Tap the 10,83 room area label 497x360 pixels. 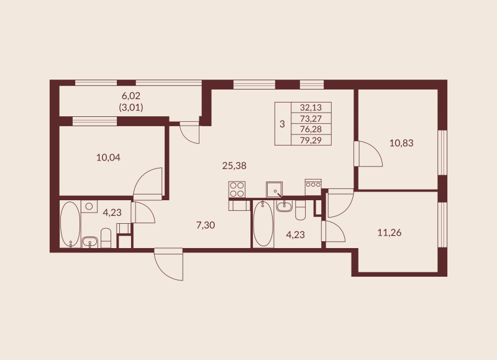click(401, 142)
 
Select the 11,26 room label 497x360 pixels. click(390, 233)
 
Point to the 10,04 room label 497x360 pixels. click(108, 157)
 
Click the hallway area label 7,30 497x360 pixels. click(205, 225)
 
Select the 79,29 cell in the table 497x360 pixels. click(311, 140)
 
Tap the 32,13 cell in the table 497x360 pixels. click(311, 107)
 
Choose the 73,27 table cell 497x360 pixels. click(311, 118)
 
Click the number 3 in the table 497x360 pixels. click(282, 124)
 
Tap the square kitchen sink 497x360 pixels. click(274, 188)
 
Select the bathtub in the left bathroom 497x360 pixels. click(70, 224)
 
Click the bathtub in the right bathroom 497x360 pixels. click(262, 224)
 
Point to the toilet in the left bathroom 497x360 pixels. click(106, 237)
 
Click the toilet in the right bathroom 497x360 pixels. click(301, 211)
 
